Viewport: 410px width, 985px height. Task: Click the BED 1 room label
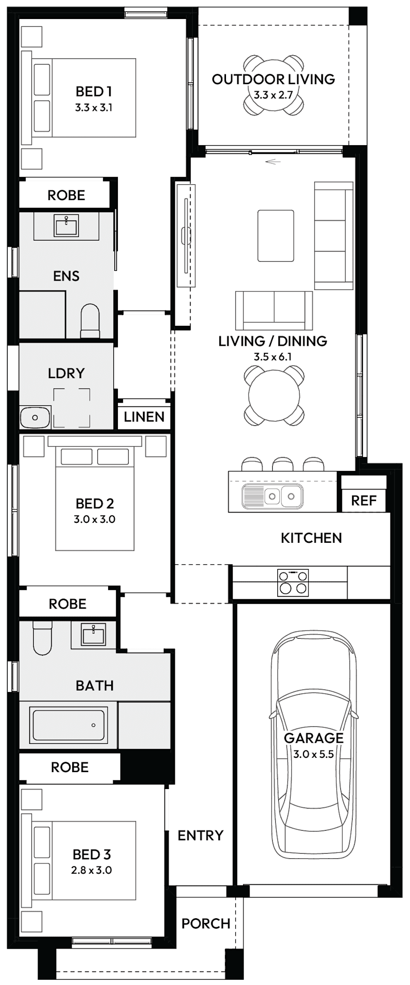point(93,92)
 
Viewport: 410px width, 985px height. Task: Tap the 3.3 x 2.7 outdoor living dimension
point(273,95)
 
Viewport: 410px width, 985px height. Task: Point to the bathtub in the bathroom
point(69,725)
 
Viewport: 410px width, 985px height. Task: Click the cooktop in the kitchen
point(293,582)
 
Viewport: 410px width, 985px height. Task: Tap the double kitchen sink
point(281,496)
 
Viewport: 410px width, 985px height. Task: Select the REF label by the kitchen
point(364,500)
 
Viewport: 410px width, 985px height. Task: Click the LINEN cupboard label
point(144,417)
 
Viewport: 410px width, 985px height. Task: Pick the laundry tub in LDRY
point(35,417)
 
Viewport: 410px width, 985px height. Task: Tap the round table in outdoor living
point(273,86)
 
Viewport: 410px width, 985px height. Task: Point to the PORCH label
point(206,923)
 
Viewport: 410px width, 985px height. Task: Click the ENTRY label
point(200,835)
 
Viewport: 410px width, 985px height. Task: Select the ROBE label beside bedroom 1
point(66,195)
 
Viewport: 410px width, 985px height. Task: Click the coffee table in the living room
point(276,235)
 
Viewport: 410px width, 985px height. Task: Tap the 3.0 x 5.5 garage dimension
point(314,754)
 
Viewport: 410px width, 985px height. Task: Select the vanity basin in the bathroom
point(93,634)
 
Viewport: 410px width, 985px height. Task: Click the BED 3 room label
point(92,854)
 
